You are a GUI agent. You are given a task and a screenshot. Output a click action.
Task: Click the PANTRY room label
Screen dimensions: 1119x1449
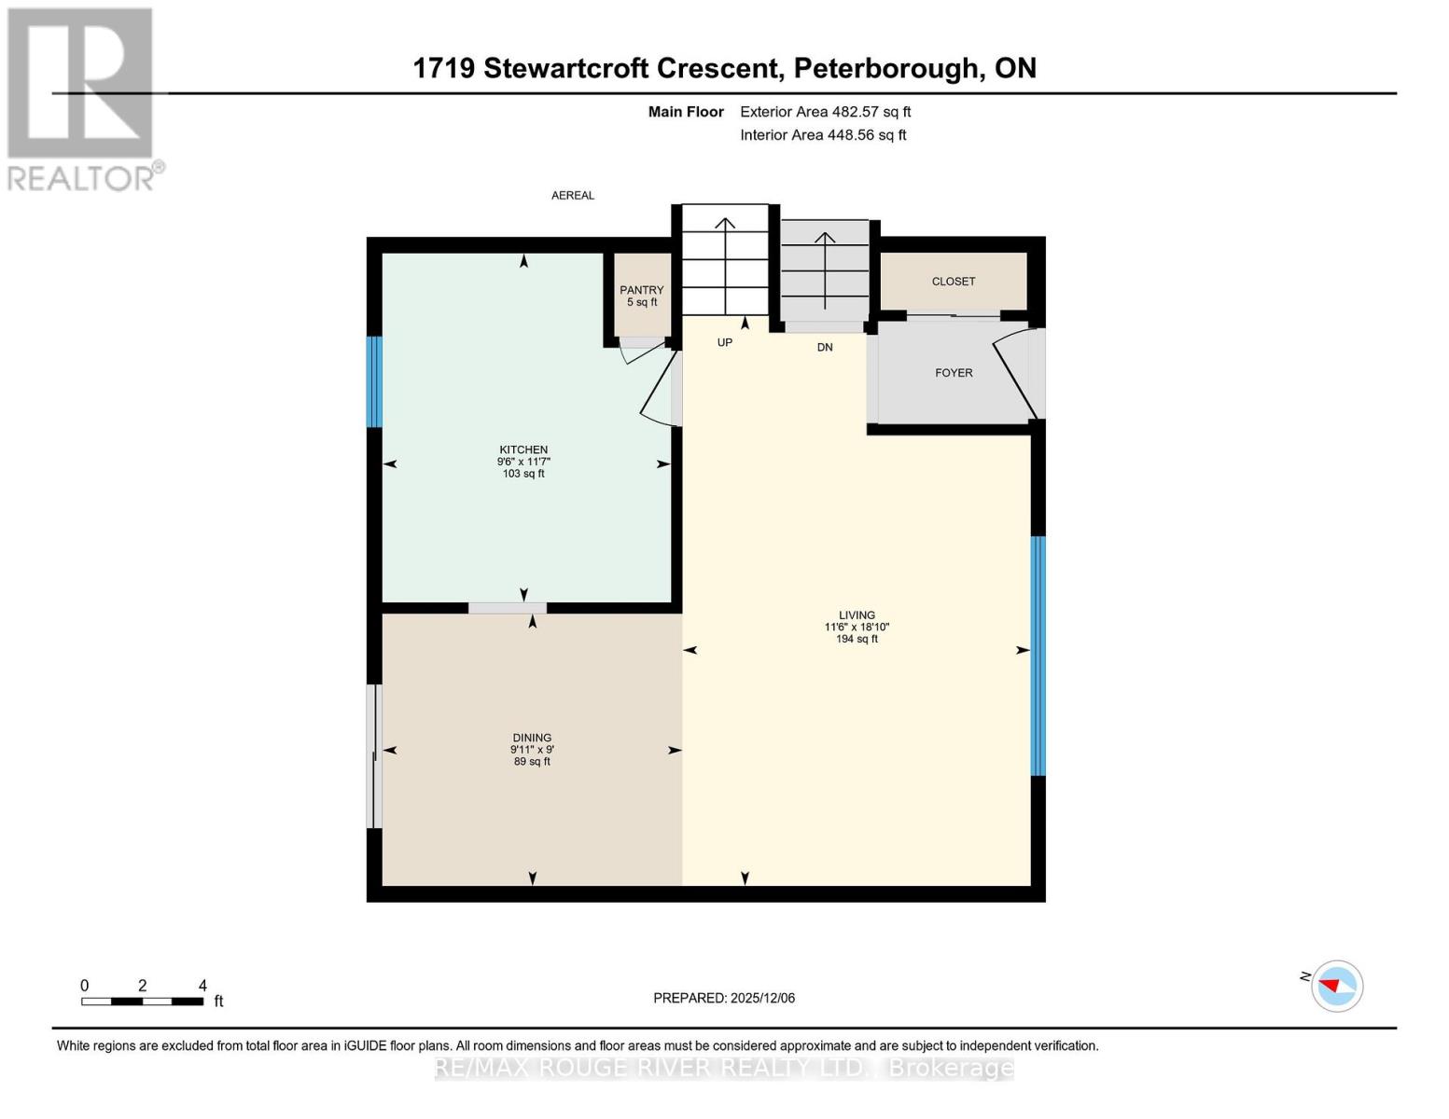click(641, 290)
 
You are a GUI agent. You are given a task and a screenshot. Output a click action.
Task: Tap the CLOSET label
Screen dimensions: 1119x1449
click(953, 282)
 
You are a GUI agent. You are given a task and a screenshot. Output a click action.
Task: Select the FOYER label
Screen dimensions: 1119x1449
click(954, 373)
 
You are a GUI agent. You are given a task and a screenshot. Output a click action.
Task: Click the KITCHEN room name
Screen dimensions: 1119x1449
click(522, 449)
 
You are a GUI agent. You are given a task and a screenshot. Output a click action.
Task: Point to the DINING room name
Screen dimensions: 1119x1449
click(532, 738)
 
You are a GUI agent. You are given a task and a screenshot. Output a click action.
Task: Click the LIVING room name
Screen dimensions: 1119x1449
click(857, 615)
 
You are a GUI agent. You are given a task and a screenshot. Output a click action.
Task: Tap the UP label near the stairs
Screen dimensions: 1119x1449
click(724, 343)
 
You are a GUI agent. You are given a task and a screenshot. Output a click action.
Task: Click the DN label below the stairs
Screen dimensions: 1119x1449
click(825, 347)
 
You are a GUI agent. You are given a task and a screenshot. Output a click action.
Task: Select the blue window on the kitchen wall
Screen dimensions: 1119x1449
click(374, 381)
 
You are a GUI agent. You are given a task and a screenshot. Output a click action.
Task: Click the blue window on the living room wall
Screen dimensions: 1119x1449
click(1038, 656)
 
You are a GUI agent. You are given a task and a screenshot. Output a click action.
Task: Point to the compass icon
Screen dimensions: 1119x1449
click(1336, 986)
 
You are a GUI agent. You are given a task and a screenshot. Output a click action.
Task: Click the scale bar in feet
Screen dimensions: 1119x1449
click(142, 1002)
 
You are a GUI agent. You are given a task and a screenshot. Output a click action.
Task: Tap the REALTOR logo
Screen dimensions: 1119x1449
click(81, 99)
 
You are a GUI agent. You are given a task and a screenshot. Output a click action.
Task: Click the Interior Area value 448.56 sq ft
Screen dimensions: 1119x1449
click(867, 135)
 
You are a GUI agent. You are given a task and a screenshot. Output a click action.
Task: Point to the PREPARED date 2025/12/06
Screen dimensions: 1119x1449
click(762, 998)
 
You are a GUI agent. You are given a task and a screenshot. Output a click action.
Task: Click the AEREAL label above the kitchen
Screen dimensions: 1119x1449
click(572, 196)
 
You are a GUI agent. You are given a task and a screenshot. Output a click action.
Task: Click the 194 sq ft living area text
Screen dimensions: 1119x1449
click(857, 640)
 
